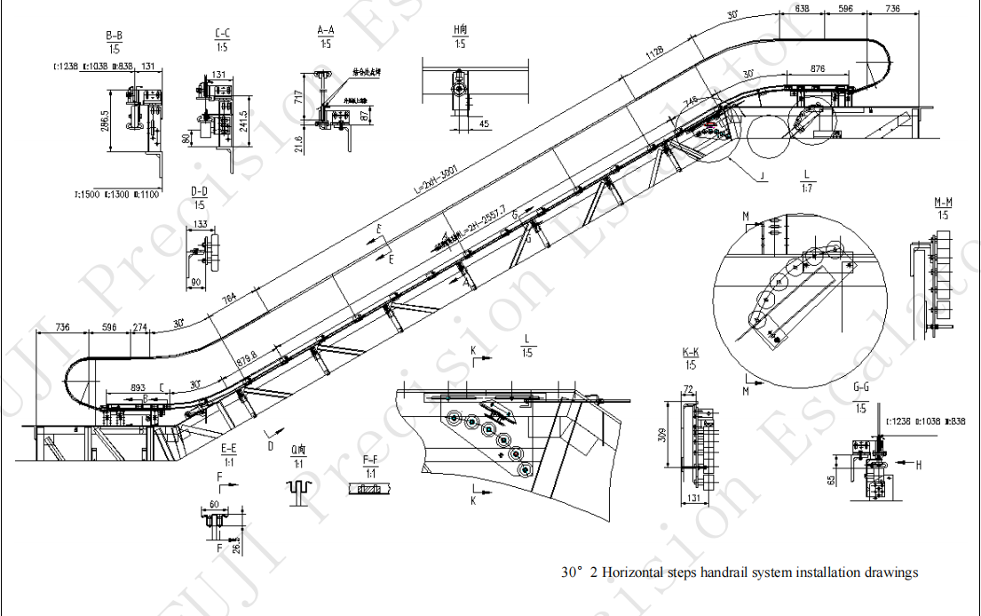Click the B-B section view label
click(x=114, y=36)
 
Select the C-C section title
click(x=222, y=36)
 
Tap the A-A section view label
click(x=326, y=30)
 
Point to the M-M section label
click(x=943, y=203)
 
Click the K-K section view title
click(x=690, y=353)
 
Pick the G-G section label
click(x=860, y=388)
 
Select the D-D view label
click(x=200, y=191)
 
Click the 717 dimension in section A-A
click(x=300, y=96)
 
